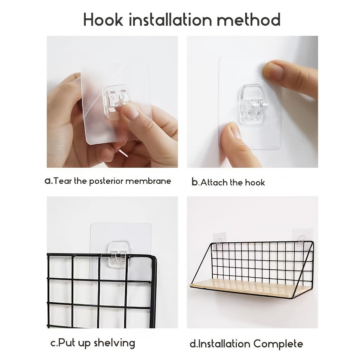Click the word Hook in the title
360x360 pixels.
pyautogui.click(x=103, y=19)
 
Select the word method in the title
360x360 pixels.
pyautogui.click(x=249, y=19)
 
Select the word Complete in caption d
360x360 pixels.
pyautogui.click(x=278, y=344)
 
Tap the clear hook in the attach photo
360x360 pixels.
pyautogui.click(x=253, y=105)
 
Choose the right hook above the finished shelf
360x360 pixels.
pyautogui.click(x=301, y=241)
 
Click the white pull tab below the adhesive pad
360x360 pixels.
pyautogui.click(x=123, y=153)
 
